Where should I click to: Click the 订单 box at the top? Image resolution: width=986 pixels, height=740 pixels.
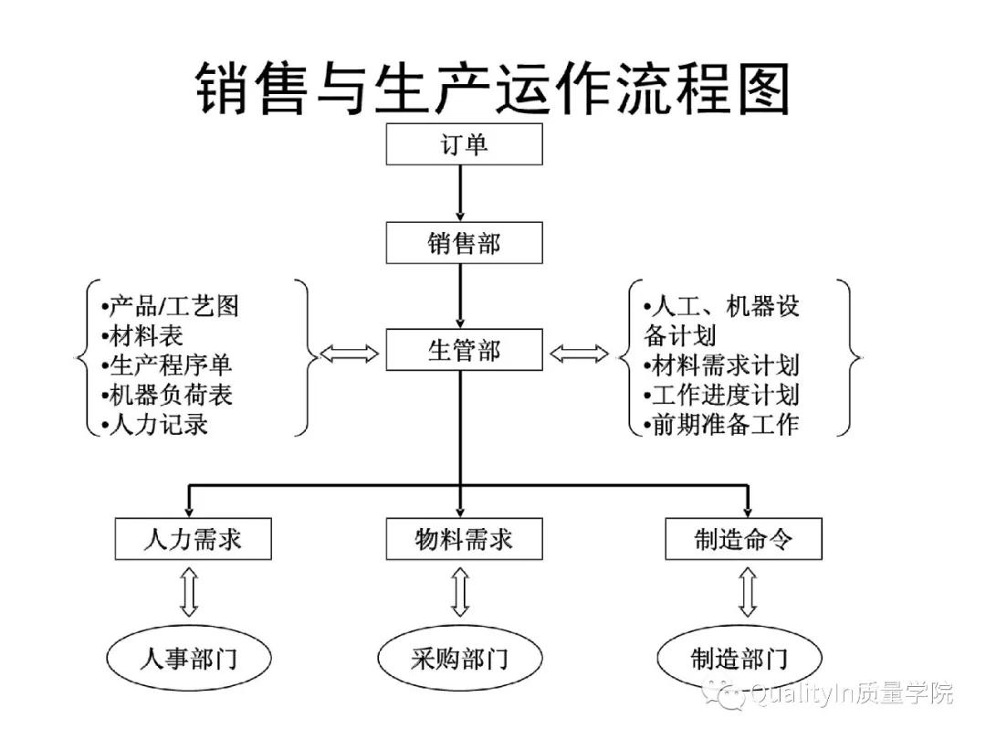click(x=464, y=144)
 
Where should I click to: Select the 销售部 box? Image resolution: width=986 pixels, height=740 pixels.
click(x=464, y=243)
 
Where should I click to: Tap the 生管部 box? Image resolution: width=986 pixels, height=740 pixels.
click(x=464, y=349)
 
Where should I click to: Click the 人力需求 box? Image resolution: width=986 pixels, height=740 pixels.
click(x=193, y=539)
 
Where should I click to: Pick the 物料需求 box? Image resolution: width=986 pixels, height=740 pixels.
click(x=464, y=539)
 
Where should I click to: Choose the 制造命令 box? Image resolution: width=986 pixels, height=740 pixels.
click(x=743, y=539)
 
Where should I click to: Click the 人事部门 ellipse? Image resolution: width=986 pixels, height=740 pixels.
click(x=189, y=658)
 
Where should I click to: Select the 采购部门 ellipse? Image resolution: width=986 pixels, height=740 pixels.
click(x=459, y=658)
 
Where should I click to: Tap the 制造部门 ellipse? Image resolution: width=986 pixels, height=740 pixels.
click(x=739, y=658)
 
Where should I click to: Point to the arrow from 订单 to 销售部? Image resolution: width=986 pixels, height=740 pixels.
click(x=460, y=193)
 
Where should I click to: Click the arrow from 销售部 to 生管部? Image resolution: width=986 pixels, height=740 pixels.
click(x=460, y=296)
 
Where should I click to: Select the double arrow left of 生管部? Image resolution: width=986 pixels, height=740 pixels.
click(x=350, y=354)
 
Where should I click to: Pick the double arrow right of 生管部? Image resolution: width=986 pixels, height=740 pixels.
click(x=579, y=354)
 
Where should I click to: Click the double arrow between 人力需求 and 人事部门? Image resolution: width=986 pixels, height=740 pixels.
click(x=189, y=592)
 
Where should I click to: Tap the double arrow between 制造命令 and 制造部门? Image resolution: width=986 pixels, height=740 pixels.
click(x=747, y=592)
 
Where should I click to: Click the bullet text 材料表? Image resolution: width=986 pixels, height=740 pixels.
click(x=142, y=336)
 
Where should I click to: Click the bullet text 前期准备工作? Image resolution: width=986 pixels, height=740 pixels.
click(x=721, y=425)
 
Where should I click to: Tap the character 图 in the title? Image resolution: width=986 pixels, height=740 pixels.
click(x=763, y=89)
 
